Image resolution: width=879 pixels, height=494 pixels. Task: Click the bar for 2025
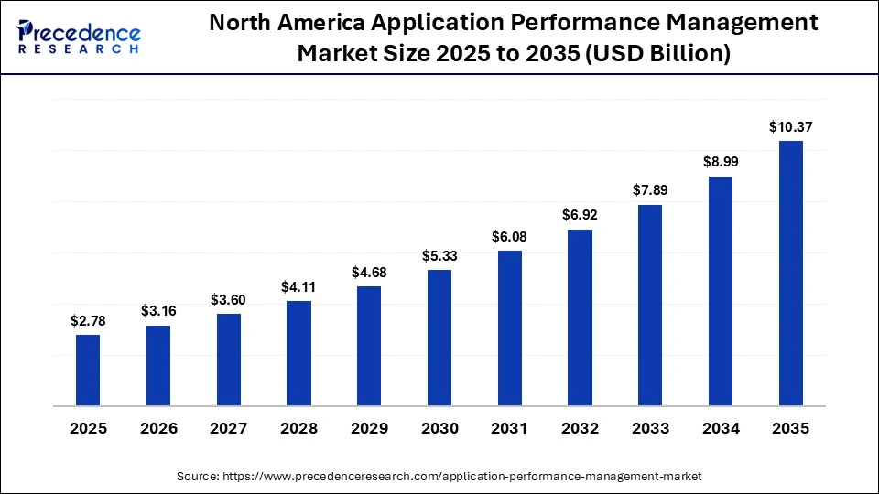pos(88,370)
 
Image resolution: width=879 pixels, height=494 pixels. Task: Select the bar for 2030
pos(439,337)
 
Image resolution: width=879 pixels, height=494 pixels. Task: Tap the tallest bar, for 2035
pos(790,273)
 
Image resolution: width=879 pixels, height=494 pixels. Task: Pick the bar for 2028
pos(298,352)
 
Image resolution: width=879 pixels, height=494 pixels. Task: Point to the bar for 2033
pos(650,305)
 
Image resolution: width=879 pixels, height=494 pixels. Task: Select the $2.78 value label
pos(88,321)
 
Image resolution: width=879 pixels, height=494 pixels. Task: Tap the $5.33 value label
pos(439,256)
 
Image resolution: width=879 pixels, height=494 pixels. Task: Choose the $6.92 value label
pos(580,216)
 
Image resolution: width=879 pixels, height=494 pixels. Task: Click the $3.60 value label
pos(228,300)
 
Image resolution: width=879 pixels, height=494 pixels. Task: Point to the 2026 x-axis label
pos(158,429)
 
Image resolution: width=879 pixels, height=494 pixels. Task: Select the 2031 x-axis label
pos(509,429)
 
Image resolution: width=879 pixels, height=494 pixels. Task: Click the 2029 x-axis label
pos(369,429)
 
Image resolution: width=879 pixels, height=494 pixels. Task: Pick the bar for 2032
pos(580,317)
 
